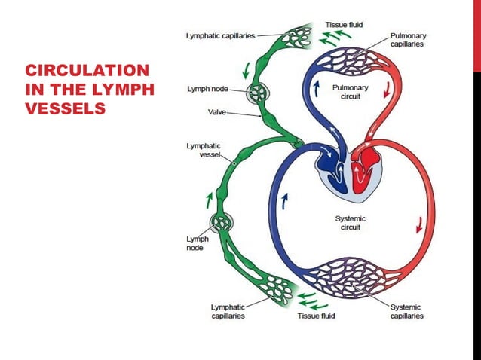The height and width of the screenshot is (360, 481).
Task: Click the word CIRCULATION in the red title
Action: pos(87,71)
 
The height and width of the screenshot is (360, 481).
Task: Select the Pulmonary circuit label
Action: pos(351,93)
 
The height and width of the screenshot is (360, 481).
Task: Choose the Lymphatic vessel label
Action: pos(204,149)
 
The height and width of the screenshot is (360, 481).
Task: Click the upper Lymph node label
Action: pos(208,89)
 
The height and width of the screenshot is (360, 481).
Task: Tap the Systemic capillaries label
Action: pos(407,311)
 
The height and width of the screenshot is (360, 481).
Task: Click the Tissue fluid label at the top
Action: pos(343,24)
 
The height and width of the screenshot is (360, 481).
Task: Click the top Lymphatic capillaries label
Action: pos(220,35)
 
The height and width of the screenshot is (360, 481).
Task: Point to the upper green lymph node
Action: pos(259,94)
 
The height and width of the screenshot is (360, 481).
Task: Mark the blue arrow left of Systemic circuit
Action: pos(285,201)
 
